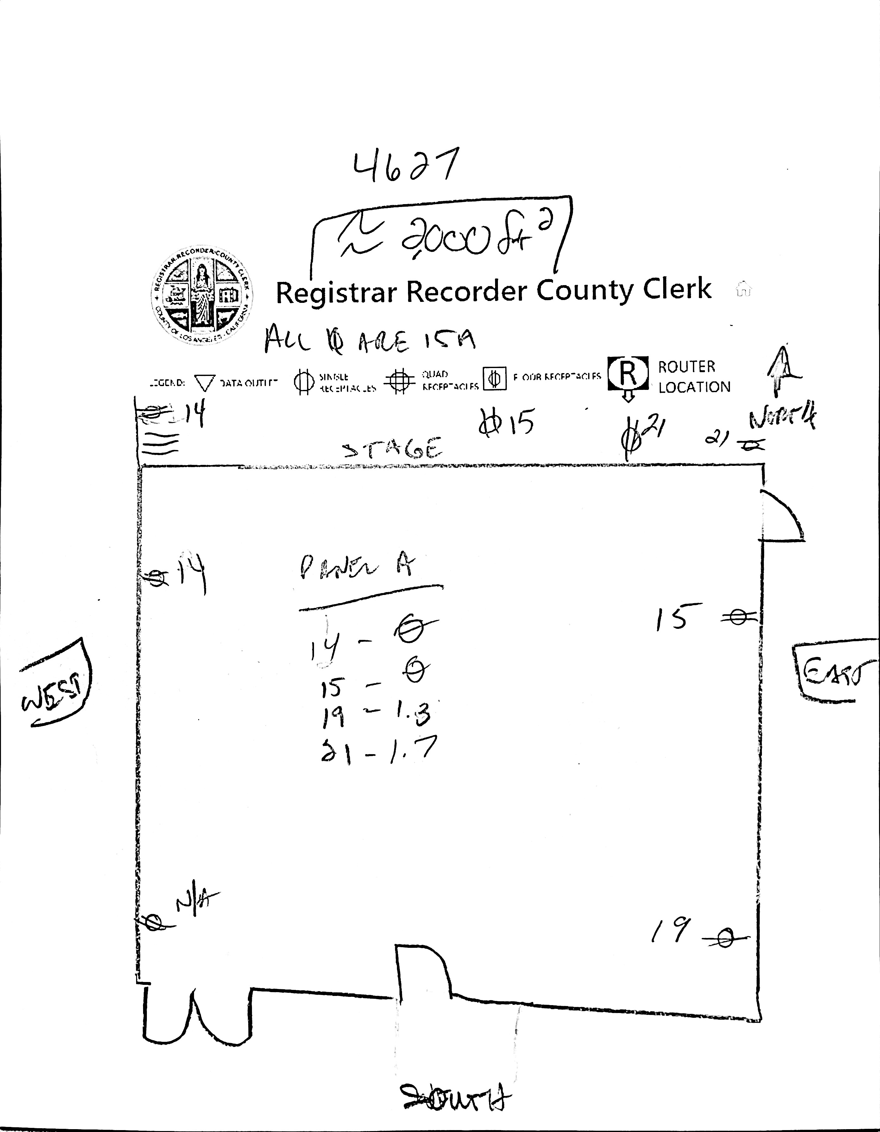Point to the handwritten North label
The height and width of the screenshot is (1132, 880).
pyautogui.click(x=782, y=419)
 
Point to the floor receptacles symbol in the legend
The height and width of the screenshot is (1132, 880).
pyautogui.click(x=495, y=379)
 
